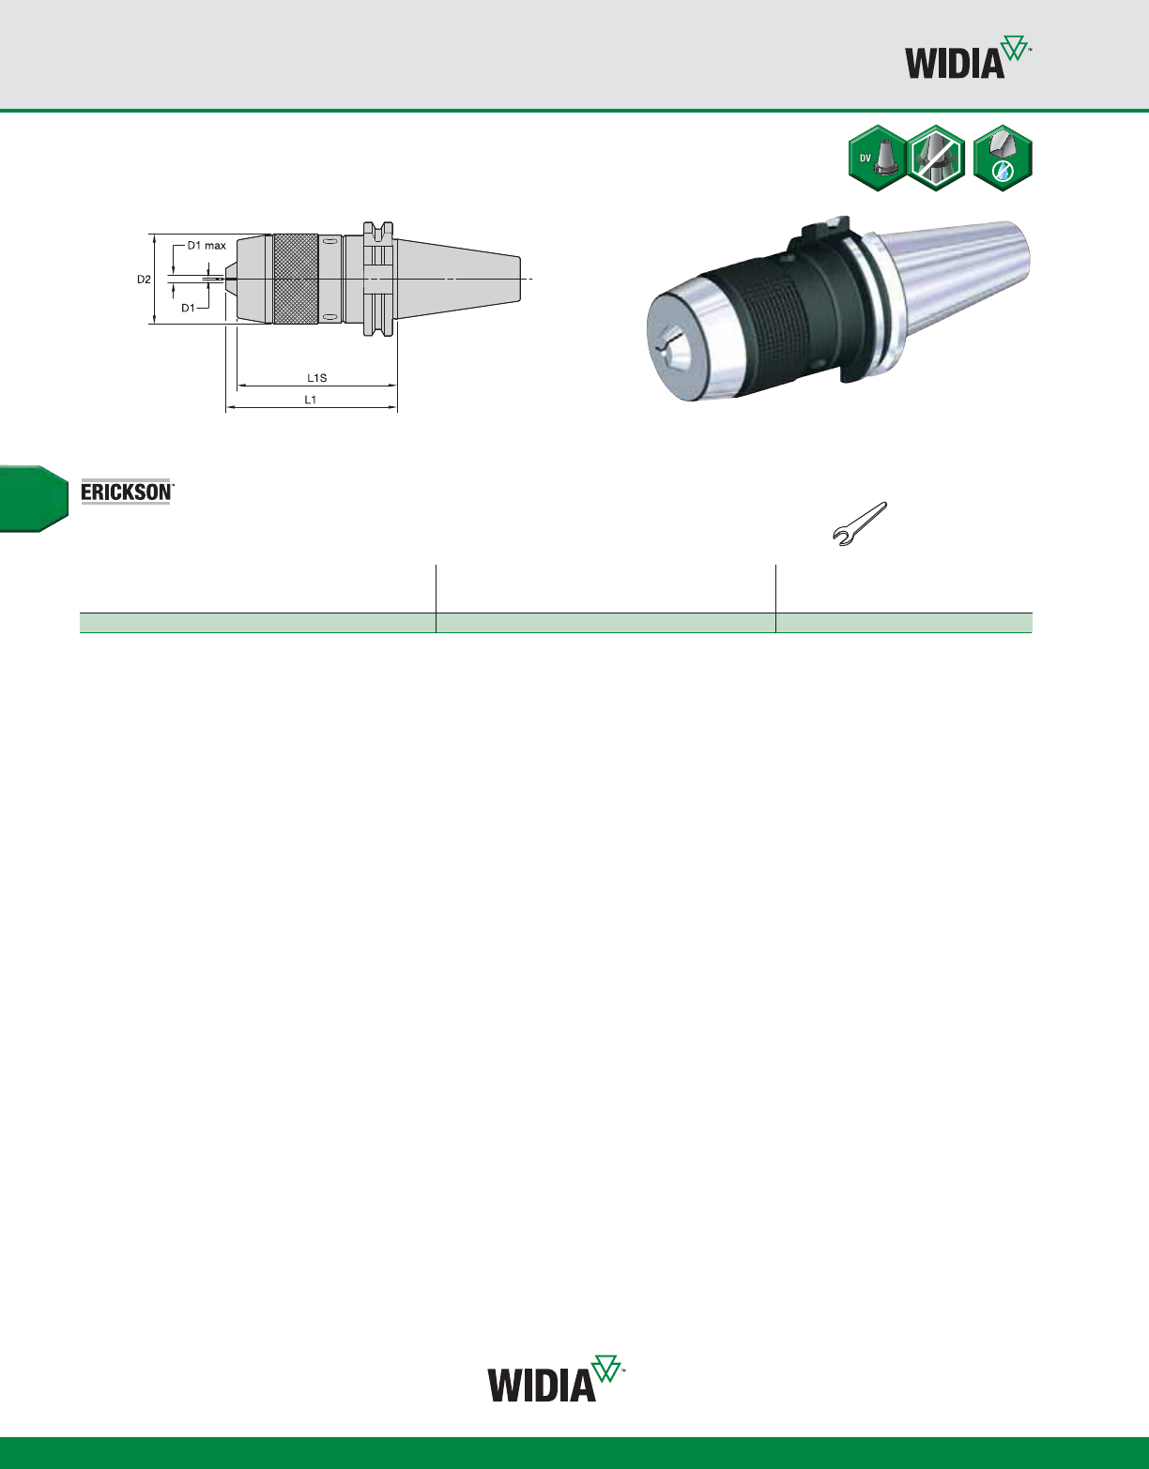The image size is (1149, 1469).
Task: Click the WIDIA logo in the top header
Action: click(x=968, y=57)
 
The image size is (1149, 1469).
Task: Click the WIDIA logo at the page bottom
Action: click(x=555, y=1378)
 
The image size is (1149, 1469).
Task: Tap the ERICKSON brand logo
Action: click(x=127, y=492)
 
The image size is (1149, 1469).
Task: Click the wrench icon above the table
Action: click(x=860, y=523)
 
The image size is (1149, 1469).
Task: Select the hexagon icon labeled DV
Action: click(x=878, y=159)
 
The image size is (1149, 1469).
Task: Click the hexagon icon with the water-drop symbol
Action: click(x=1003, y=159)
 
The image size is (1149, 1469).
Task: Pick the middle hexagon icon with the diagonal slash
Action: click(x=936, y=159)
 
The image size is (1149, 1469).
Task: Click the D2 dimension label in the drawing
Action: click(x=144, y=280)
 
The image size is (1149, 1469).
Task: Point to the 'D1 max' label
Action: click(x=207, y=246)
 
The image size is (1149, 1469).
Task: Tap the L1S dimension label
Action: click(x=317, y=378)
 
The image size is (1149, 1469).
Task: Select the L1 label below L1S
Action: click(x=311, y=400)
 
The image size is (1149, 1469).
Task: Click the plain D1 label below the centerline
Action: click(x=188, y=309)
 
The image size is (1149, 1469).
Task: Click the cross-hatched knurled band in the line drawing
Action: click(x=296, y=280)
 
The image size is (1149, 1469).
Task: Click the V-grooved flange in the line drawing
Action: click(x=378, y=280)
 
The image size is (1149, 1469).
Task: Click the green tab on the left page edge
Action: click(x=34, y=499)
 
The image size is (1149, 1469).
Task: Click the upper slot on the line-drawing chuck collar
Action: click(x=330, y=241)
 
